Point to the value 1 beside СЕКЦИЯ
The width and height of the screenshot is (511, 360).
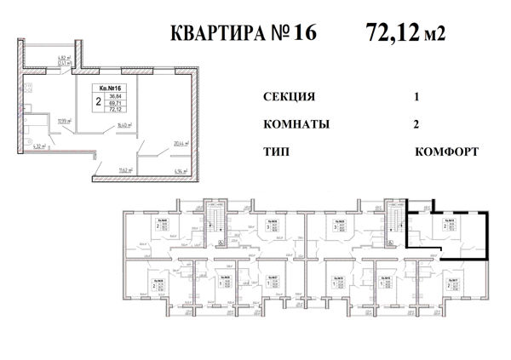pos(416,97)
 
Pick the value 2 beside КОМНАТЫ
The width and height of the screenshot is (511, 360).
pos(416,124)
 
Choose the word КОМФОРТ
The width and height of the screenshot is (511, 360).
pos(446,151)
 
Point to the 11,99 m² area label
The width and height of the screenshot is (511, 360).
pos(64,121)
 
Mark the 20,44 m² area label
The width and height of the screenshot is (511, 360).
pos(179,145)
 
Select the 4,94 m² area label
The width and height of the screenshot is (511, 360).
pos(180,172)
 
